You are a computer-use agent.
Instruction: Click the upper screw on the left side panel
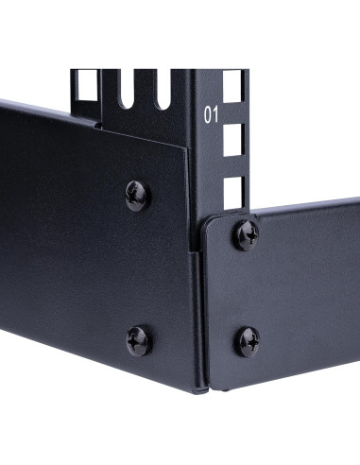(138, 195)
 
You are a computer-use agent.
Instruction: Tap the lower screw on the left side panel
(139, 340)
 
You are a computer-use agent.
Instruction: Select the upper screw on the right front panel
(247, 233)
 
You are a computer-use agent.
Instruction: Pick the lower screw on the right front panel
(248, 340)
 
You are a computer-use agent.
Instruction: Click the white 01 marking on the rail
(214, 116)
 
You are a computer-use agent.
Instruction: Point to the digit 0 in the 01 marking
(209, 116)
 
